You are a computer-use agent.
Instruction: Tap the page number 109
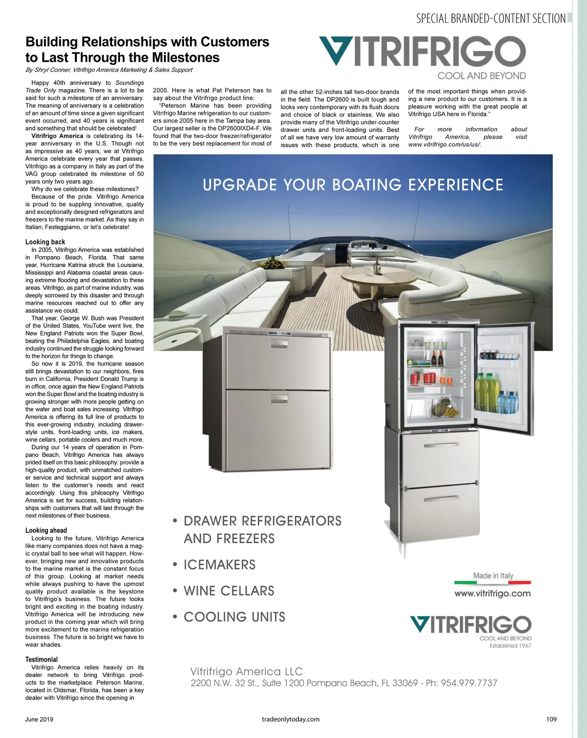tap(551, 719)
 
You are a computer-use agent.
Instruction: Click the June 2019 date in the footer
tap(39, 719)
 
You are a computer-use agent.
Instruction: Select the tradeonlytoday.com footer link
tap(291, 719)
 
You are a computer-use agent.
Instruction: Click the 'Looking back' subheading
tap(45, 242)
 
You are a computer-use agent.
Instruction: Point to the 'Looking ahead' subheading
tap(46, 530)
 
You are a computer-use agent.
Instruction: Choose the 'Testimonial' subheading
tap(42, 660)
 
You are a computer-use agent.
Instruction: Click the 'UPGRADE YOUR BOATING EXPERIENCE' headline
tap(353, 185)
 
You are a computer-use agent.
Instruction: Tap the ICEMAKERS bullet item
tap(219, 565)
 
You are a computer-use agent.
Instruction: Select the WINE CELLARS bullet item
tap(228, 591)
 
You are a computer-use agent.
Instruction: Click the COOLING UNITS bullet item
tap(234, 617)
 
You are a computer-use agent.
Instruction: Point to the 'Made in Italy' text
tap(493, 576)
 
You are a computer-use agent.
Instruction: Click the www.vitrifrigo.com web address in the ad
tap(492, 594)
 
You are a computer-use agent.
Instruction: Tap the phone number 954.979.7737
tap(469, 683)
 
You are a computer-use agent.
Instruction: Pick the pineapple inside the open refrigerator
tap(441, 405)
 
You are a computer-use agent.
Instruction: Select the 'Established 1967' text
tap(510, 646)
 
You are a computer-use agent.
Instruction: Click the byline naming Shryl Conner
tap(109, 70)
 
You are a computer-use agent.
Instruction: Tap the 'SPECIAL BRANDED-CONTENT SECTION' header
tap(491, 19)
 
